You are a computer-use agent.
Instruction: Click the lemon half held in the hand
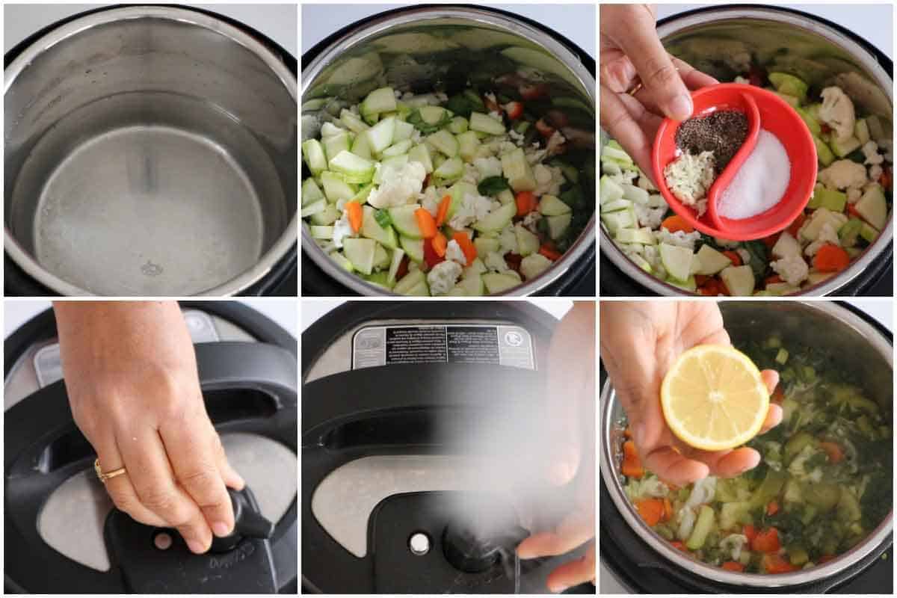(x=714, y=397)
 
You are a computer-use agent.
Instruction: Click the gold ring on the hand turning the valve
(x=108, y=471)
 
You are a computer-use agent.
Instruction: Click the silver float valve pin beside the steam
(x=419, y=543)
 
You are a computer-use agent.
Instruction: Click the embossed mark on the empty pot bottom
(x=152, y=268)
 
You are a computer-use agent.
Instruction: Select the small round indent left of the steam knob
(x=162, y=540)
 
